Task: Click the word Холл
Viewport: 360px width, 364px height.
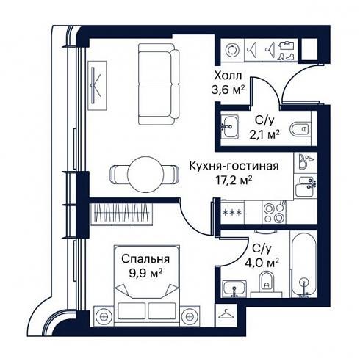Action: coord(228,76)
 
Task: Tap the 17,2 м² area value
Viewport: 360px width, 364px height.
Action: coord(234,181)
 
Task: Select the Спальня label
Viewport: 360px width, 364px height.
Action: coord(145,259)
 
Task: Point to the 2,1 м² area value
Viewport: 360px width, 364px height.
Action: coord(264,135)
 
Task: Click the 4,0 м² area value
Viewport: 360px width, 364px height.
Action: coord(262,263)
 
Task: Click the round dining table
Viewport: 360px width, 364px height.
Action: coord(145,174)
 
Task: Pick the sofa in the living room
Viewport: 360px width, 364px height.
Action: coord(159,84)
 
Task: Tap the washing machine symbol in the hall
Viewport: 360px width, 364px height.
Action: coord(231,50)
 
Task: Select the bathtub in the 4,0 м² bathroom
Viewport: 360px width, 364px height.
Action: coord(303,263)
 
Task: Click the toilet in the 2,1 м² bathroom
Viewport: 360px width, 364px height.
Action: coord(299,128)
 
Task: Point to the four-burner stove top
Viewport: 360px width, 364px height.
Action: coord(274,212)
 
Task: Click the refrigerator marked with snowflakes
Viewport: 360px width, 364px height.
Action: coord(232,212)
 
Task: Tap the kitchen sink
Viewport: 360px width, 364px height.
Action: coord(305,186)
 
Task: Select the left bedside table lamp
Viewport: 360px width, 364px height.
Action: coord(104,316)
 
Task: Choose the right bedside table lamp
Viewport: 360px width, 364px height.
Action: coord(190,316)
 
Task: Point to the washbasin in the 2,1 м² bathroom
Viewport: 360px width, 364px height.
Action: coord(229,126)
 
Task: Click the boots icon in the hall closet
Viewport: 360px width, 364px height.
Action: coord(286,57)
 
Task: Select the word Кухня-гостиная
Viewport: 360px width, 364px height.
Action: coord(234,166)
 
